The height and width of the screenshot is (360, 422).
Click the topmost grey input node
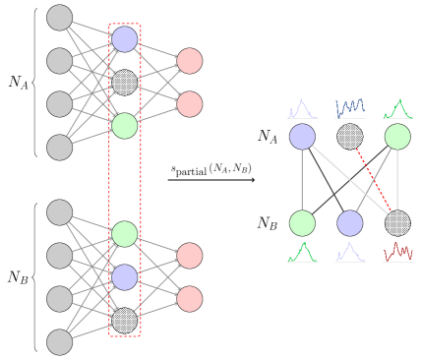(60, 18)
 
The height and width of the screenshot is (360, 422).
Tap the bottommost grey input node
(60, 342)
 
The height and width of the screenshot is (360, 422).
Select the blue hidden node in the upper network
(125, 39)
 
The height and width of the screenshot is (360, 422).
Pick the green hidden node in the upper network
(125, 126)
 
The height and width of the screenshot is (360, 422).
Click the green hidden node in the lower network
(125, 234)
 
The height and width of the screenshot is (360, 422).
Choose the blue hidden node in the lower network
(125, 277)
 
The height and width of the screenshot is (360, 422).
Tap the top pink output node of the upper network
(190, 61)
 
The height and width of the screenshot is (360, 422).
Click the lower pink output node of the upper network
(190, 104)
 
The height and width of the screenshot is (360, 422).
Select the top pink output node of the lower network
(190, 256)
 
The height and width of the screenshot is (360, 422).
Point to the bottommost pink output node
(190, 299)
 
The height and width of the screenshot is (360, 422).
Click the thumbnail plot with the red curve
(397, 252)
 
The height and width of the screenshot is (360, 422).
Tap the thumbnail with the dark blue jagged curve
(349, 108)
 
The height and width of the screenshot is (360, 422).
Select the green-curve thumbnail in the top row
(397, 108)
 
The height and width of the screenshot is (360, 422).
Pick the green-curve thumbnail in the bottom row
(302, 252)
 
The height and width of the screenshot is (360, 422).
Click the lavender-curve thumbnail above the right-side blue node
(302, 108)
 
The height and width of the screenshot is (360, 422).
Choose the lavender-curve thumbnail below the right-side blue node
(349, 252)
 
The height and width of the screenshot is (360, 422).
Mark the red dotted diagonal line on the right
(374, 179)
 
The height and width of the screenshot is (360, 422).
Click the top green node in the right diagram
(397, 137)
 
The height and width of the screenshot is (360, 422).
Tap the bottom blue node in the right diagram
(350, 223)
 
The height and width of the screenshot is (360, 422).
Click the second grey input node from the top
(60, 61)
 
